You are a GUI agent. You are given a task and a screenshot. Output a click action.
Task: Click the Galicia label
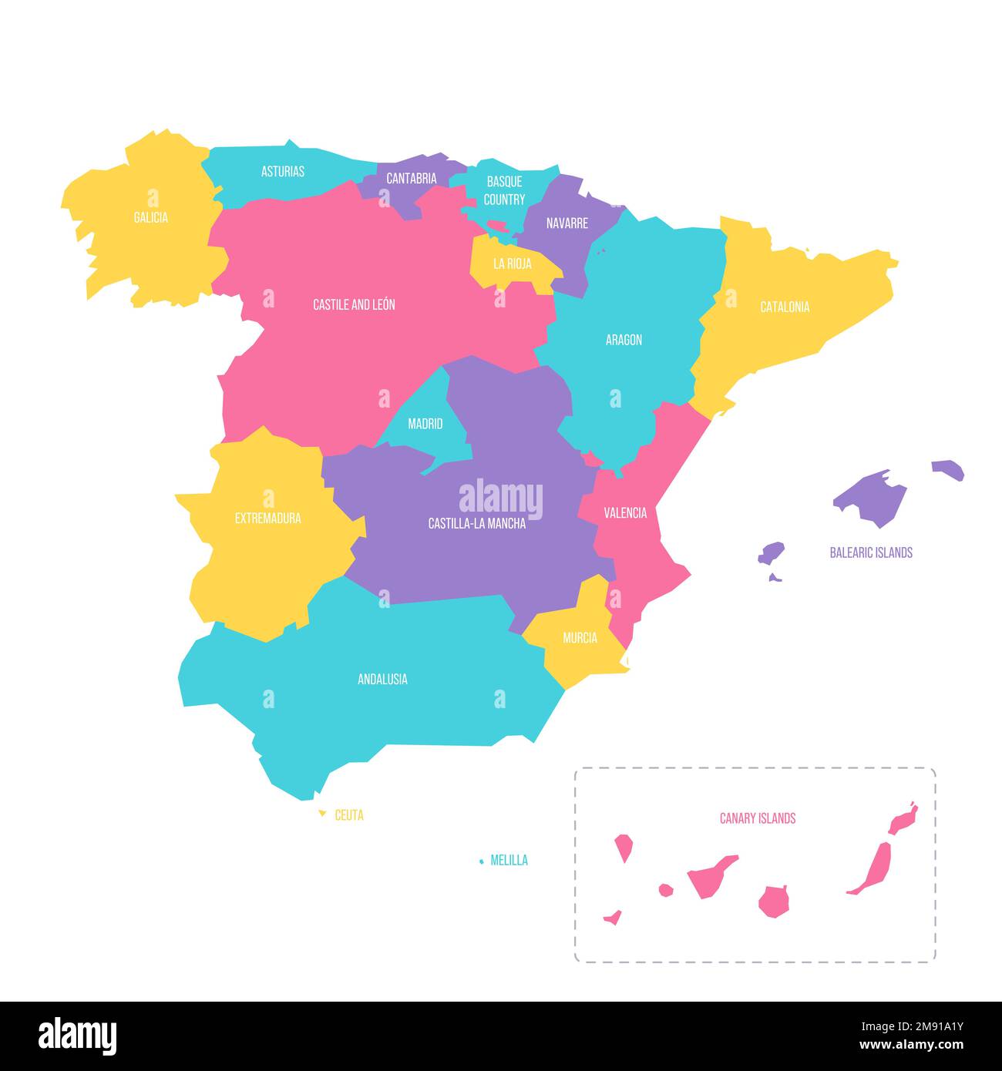[151, 217]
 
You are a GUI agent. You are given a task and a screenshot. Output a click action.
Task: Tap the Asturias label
[283, 171]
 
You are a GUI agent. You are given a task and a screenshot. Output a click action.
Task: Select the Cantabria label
[412, 178]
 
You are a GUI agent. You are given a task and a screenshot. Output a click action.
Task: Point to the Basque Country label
[505, 190]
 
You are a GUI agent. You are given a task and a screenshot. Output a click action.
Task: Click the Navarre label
[567, 223]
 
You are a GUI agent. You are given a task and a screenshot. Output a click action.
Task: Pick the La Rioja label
[513, 264]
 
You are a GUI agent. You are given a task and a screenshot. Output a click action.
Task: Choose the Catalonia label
[785, 307]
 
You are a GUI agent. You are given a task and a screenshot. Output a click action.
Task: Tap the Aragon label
[624, 340]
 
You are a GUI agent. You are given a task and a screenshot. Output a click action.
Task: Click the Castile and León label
[354, 304]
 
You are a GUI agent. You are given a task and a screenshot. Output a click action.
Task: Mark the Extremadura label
[268, 519]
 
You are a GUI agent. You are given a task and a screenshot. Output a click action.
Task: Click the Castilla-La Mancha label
[477, 523]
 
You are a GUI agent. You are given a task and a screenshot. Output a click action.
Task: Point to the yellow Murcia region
[580, 643]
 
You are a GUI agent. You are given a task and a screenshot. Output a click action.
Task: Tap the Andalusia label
[382, 679]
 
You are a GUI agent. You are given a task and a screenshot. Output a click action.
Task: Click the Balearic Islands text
[871, 552]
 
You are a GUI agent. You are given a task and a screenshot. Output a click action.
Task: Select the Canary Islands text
[758, 818]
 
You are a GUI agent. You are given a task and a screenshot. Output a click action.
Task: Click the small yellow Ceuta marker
[322, 814]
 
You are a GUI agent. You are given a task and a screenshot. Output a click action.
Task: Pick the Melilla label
[509, 860]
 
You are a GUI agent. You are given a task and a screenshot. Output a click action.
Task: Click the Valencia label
[625, 512]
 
